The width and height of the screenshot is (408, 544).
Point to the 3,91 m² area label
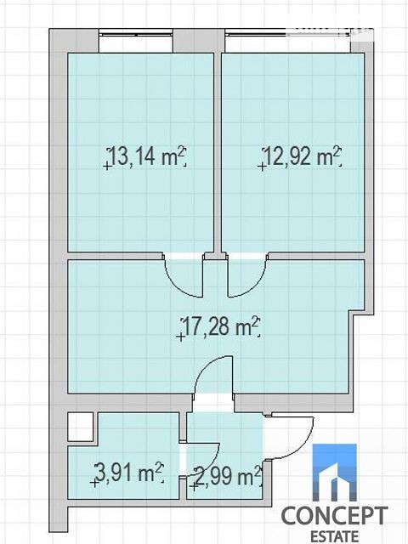pos(129,473)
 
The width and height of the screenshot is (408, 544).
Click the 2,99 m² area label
pos(228,476)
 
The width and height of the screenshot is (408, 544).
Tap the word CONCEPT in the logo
pos(334,516)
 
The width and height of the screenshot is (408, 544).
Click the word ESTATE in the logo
pos(334,536)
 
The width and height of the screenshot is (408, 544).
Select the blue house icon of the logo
pos(334,473)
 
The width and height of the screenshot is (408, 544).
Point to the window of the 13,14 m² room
pos(136,34)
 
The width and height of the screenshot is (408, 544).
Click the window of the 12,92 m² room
pos(287,34)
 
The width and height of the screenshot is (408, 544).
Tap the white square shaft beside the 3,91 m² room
pos(81,427)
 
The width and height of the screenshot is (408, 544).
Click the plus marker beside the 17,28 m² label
pos(180,337)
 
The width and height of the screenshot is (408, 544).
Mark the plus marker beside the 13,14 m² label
pos(107,167)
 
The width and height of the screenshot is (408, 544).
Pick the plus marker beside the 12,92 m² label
pos(262,167)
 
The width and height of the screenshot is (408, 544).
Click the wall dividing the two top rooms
pos(218,153)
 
